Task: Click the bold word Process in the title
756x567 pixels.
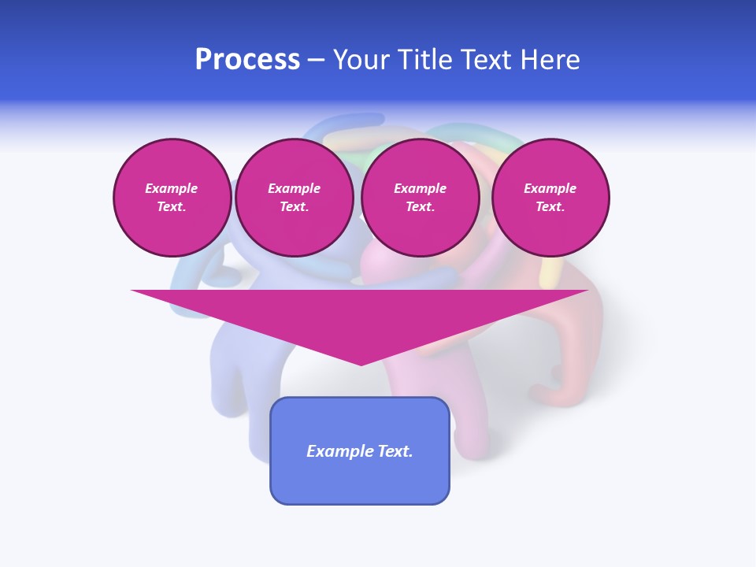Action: click(247, 60)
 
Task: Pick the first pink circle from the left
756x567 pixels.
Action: click(172, 198)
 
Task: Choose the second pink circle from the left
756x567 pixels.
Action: click(294, 198)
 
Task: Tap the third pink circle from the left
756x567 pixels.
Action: click(420, 198)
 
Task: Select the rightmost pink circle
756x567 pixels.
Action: click(550, 198)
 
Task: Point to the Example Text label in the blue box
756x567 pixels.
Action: click(360, 451)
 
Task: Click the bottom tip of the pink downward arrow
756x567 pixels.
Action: click(361, 363)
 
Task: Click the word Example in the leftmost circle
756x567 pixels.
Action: click(172, 188)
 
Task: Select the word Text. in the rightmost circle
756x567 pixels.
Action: click(550, 207)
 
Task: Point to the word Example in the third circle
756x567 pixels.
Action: click(420, 188)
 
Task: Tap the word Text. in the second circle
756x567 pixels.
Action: click(294, 207)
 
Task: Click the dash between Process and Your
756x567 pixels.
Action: click(317, 60)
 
